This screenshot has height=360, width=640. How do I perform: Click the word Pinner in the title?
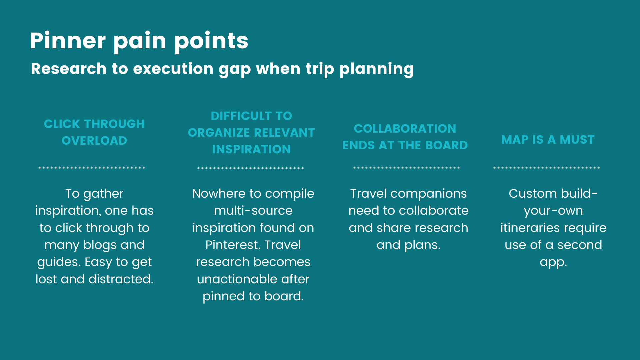click(68, 41)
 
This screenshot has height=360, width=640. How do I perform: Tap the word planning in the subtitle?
click(376, 69)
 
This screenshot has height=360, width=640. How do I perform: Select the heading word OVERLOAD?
click(94, 141)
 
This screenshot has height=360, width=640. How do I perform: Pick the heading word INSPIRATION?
click(251, 149)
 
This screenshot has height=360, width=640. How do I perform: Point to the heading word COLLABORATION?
click(405, 129)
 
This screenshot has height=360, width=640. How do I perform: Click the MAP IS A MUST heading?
click(548, 140)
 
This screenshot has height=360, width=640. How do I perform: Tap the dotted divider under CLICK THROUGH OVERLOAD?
click(92, 168)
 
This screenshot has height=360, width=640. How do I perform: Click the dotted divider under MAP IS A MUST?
click(547, 168)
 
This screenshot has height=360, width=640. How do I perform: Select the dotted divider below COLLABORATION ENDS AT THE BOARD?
click(407, 168)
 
